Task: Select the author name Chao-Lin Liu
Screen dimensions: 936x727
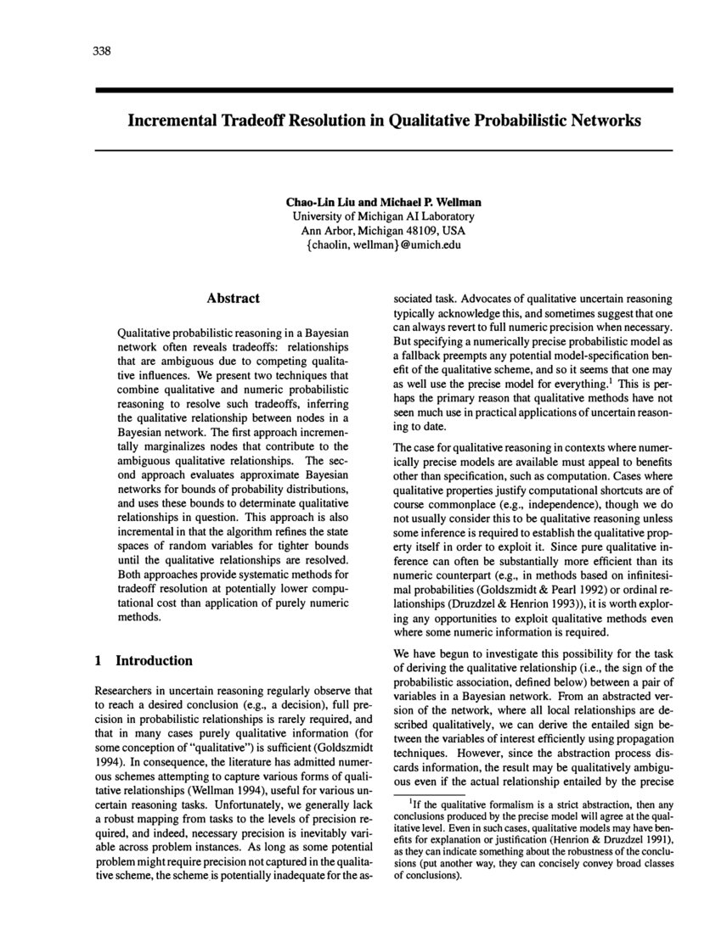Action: click(x=316, y=203)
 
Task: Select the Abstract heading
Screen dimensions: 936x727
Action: click(x=233, y=298)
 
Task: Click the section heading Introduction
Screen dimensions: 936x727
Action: click(x=154, y=660)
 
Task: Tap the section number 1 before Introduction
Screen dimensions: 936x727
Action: click(x=99, y=660)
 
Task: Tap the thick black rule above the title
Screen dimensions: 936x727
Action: click(x=383, y=89)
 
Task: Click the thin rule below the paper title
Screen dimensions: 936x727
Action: click(x=383, y=150)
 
